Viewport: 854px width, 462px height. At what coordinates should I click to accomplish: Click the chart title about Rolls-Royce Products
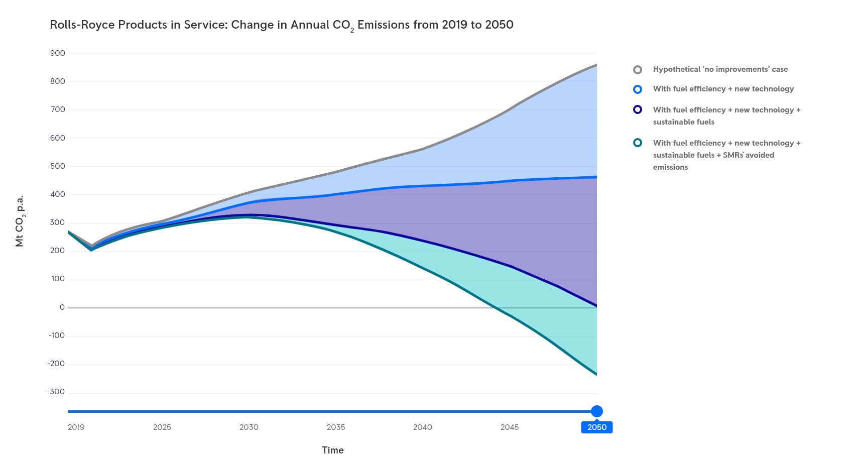281,25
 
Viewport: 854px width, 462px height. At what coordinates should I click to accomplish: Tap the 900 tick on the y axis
58,53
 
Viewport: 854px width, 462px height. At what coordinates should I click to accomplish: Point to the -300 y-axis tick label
56,392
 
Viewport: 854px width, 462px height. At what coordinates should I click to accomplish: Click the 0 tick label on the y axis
62,307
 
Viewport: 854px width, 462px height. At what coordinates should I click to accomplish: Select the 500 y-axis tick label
58,166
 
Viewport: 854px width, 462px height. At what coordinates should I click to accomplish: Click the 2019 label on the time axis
76,427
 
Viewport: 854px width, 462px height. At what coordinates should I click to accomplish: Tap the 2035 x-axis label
336,427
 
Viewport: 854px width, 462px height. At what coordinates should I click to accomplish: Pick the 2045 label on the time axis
510,427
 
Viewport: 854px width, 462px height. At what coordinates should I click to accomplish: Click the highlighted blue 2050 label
597,427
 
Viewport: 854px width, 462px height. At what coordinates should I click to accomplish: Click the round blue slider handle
597,411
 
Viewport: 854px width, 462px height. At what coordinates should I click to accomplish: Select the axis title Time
333,450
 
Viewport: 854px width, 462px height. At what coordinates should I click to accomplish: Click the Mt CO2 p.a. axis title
20,221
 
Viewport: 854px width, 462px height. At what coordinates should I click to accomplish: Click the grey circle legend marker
638,70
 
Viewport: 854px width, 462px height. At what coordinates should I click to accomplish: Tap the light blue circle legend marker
638,89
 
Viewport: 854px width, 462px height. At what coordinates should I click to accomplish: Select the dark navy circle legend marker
638,109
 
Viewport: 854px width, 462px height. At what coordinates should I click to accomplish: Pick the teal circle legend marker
638,143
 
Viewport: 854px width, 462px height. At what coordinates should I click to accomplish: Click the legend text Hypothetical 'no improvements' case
720,69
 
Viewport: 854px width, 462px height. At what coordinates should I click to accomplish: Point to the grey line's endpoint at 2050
596,65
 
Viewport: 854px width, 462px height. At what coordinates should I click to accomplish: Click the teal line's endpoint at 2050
596,374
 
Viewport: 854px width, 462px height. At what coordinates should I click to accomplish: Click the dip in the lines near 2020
91,248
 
